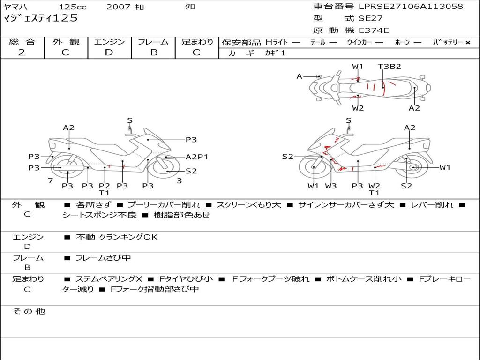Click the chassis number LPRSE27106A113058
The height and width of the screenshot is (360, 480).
411,6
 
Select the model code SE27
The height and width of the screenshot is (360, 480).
370,18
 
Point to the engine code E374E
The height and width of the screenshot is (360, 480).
374,30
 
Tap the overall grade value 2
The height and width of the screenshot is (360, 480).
22,52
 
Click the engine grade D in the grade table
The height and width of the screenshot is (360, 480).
109,52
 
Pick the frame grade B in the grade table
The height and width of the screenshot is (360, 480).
154,52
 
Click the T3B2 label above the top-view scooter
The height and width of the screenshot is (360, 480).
390,67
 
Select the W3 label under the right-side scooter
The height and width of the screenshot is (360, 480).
331,186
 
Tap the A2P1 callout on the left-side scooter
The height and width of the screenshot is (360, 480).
197,157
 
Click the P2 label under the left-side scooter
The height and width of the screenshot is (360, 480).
105,186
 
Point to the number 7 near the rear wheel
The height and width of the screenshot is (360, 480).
51,180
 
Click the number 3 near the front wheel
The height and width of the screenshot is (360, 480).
180,180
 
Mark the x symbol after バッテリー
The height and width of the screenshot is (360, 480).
468,43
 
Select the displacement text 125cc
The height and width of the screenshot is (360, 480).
73,7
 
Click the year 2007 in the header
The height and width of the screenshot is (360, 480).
119,7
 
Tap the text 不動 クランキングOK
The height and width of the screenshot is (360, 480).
117,237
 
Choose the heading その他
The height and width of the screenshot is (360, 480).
29,311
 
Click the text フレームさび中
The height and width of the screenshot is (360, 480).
103,258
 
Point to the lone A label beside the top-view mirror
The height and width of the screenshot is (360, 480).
300,76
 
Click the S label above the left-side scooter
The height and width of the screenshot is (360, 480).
130,120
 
